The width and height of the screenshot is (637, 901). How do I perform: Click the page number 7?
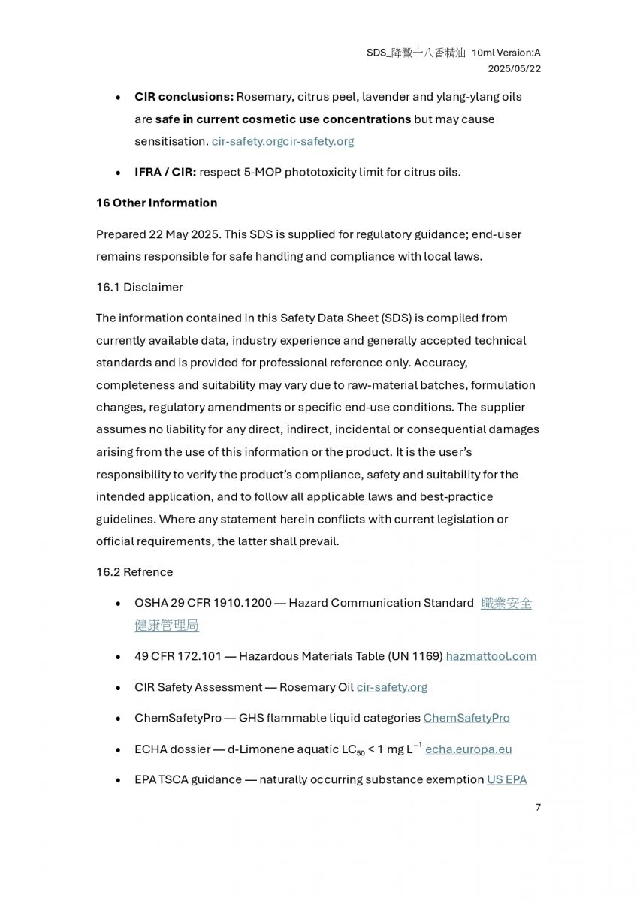(538, 807)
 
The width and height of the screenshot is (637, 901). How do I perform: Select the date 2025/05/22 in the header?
(515, 68)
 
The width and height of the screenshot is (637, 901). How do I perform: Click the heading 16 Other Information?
(156, 203)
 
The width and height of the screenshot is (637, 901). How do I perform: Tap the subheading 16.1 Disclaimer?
(139, 287)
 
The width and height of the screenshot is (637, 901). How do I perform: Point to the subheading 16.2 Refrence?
(134, 571)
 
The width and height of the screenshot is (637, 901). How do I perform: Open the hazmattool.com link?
(491, 656)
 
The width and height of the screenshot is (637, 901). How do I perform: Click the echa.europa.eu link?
(469, 749)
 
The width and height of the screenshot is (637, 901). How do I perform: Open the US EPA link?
(507, 779)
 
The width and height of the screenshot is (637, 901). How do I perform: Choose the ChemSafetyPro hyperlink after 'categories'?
(466, 718)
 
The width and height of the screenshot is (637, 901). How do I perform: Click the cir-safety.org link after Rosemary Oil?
(392, 687)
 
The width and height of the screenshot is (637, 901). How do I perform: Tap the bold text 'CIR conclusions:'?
(184, 97)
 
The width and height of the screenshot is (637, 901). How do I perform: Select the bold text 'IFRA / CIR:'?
(165, 172)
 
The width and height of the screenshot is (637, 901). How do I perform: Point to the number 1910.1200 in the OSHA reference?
(243, 603)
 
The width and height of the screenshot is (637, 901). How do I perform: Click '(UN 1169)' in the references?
(415, 656)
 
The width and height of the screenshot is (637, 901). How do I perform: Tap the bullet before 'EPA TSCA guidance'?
(118, 780)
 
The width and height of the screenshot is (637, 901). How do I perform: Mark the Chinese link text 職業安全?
(506, 603)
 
